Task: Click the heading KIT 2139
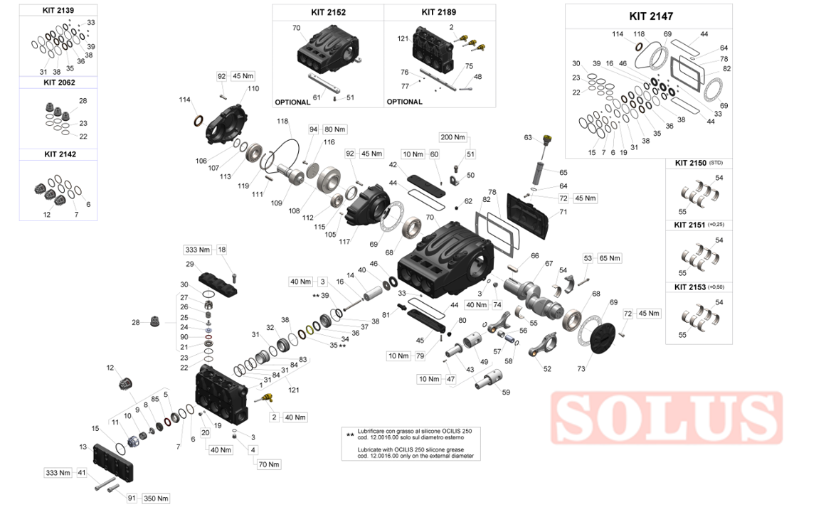[58, 11]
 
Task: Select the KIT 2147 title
[651, 16]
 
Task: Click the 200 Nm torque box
[452, 137]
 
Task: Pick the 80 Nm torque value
[334, 129]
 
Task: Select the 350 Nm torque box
[157, 498]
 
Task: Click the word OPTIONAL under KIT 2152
[292, 102]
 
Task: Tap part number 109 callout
[277, 202]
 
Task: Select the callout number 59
[506, 392]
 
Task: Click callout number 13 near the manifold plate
[83, 447]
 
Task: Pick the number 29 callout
[190, 265]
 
